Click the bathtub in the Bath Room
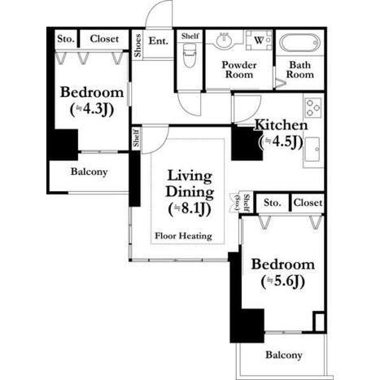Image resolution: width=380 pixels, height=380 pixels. pyautogui.click(x=299, y=42)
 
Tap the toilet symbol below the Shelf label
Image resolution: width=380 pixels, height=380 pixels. pyautogui.click(x=189, y=55)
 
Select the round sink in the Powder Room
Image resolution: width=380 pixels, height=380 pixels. pyautogui.click(x=224, y=41)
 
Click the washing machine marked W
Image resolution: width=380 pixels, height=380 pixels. pyautogui.click(x=259, y=40)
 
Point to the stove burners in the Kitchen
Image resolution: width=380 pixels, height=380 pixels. pyautogui.click(x=313, y=107)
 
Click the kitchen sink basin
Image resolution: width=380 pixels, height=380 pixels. pyautogui.click(x=312, y=149)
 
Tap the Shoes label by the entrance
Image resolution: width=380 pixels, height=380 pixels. pyautogui.click(x=138, y=46)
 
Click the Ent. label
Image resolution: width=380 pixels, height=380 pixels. pyautogui.click(x=159, y=41)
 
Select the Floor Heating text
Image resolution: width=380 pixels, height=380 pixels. pyautogui.click(x=183, y=236)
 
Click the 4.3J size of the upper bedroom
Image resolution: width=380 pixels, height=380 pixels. pyautogui.click(x=92, y=110)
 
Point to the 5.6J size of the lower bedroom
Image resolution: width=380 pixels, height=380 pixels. pyautogui.click(x=283, y=282)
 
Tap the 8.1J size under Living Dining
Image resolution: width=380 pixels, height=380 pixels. pyautogui.click(x=190, y=209)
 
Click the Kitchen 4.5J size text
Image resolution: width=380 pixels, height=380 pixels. pyautogui.click(x=281, y=142)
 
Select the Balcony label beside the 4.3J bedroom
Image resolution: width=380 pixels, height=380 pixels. pyautogui.click(x=89, y=172)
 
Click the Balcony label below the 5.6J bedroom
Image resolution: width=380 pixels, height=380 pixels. pyautogui.click(x=284, y=355)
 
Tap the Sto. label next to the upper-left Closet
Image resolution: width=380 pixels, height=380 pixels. pyautogui.click(x=66, y=39)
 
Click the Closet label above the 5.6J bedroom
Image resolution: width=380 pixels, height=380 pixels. pyautogui.click(x=308, y=203)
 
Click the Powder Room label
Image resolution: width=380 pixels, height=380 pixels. pyautogui.click(x=239, y=70)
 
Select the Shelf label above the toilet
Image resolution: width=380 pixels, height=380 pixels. pyautogui.click(x=190, y=36)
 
